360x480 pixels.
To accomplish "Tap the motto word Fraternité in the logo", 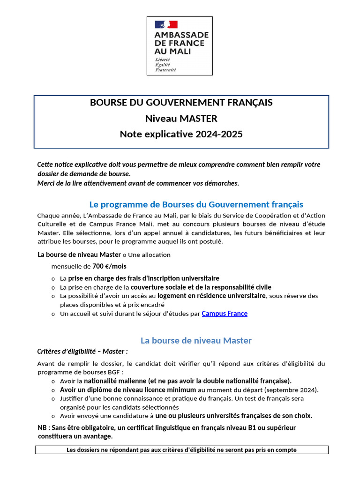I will pyautogui.click(x=165, y=69).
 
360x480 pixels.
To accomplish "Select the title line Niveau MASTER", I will pyautogui.click(x=181, y=118).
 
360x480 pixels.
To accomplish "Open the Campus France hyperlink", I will pyautogui.click(x=225, y=314).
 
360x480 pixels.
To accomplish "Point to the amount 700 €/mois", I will pyautogui.click(x=109, y=266).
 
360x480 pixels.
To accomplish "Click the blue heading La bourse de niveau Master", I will pyautogui.click(x=196, y=340).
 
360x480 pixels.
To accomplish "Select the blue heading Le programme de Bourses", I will pyautogui.click(x=196, y=204).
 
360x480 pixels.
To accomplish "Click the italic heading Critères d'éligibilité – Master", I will pyautogui.click(x=82, y=351).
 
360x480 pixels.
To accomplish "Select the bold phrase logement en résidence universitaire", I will pyautogui.click(x=211, y=296).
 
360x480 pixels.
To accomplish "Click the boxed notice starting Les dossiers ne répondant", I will pyautogui.click(x=182, y=450).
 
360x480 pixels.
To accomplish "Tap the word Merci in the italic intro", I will pyautogui.click(x=46, y=183).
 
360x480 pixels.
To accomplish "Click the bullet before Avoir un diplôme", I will pyautogui.click(x=53, y=390).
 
